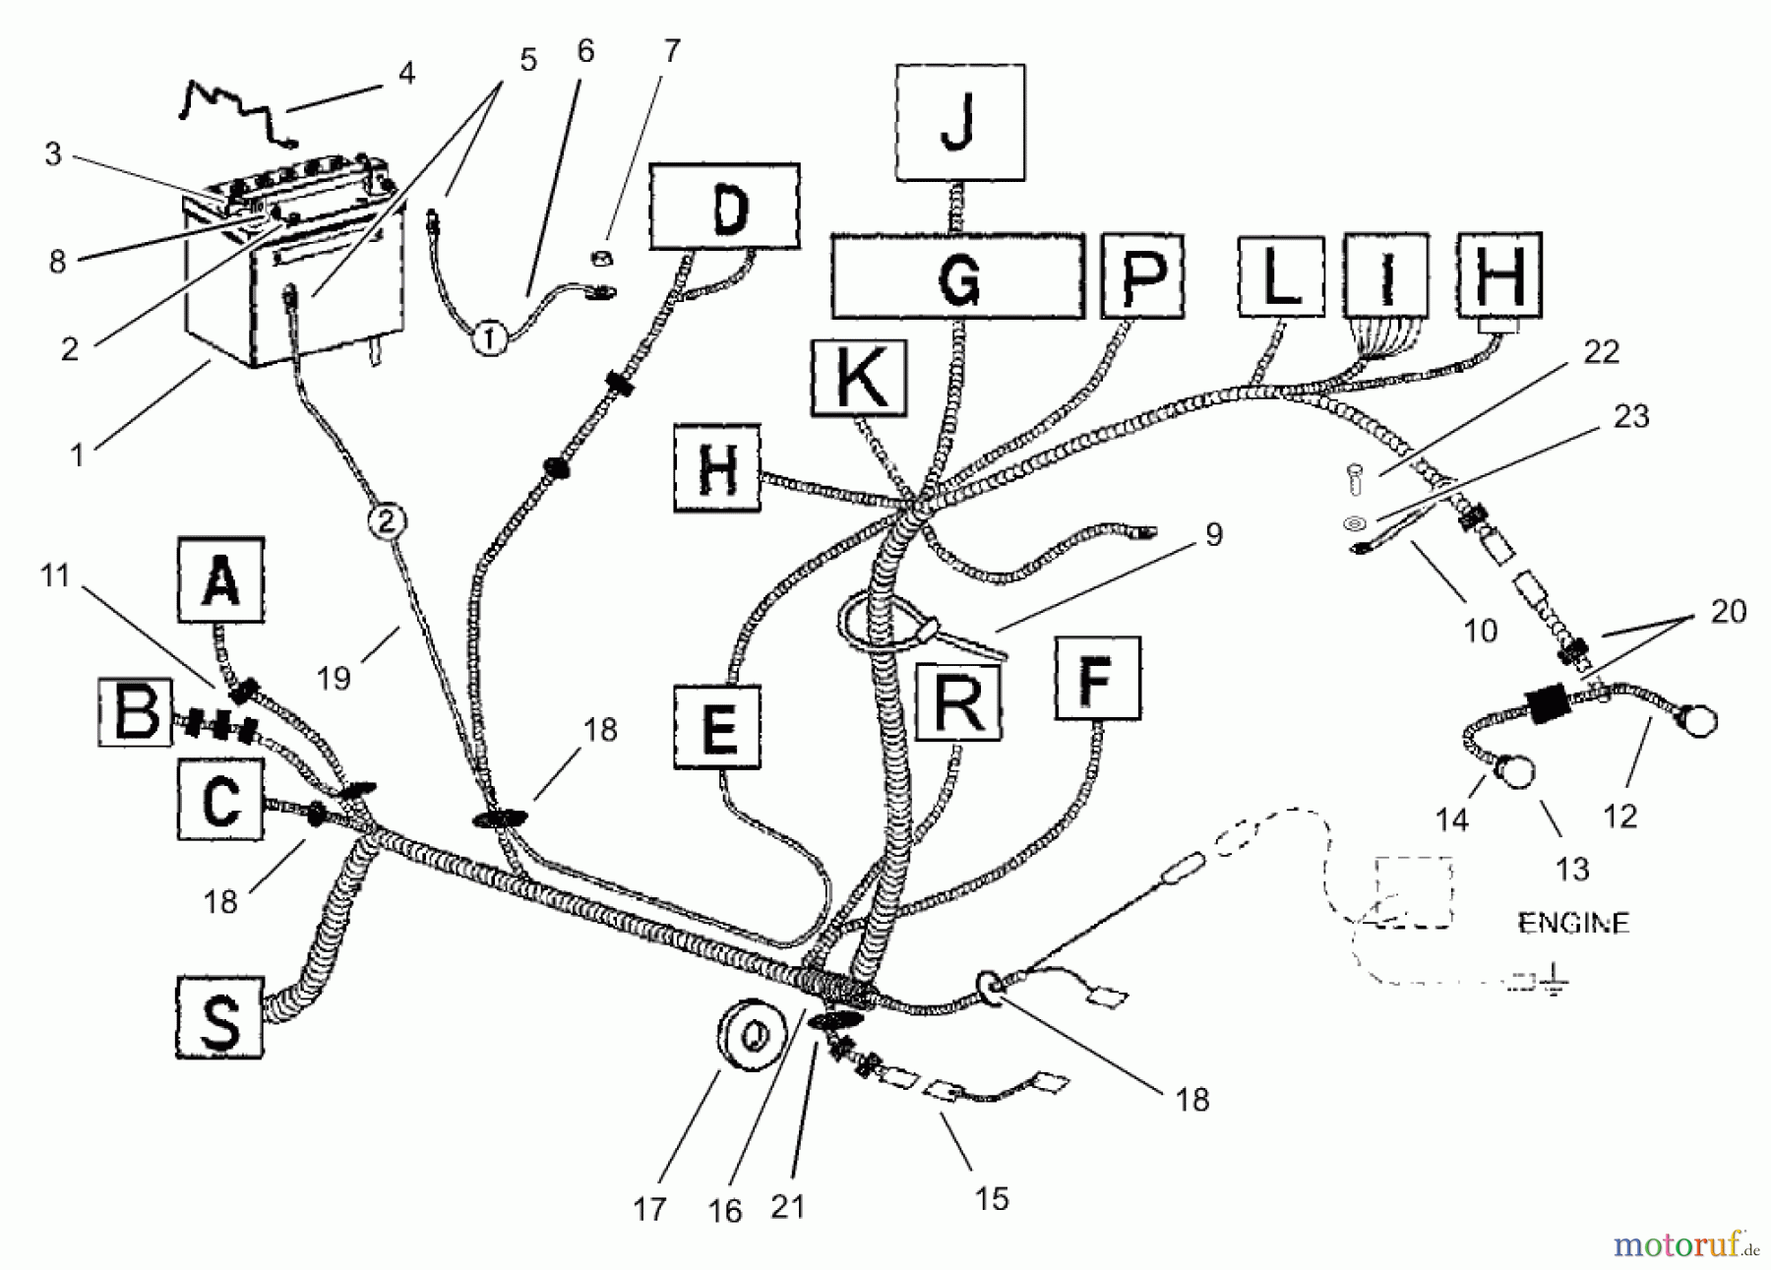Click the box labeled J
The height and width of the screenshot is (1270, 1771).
click(959, 123)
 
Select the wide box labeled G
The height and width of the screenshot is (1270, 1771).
click(957, 276)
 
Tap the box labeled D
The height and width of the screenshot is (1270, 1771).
click(724, 207)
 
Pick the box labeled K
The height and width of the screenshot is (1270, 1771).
click(858, 377)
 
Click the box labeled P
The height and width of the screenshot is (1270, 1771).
click(1141, 274)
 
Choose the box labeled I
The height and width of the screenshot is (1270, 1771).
click(1385, 276)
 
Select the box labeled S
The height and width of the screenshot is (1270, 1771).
click(219, 1016)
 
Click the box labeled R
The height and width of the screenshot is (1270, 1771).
click(957, 700)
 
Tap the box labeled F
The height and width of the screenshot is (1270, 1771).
click(1096, 678)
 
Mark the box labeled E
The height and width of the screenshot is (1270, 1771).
click(717, 727)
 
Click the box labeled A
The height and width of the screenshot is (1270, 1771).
click(220, 579)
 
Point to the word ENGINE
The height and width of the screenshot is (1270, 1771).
click(1573, 923)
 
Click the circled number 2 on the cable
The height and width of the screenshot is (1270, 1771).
click(386, 520)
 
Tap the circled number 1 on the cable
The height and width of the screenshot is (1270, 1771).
click(491, 339)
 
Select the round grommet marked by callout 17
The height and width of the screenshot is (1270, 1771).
click(748, 1036)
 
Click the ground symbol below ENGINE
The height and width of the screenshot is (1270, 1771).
click(1553, 981)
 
